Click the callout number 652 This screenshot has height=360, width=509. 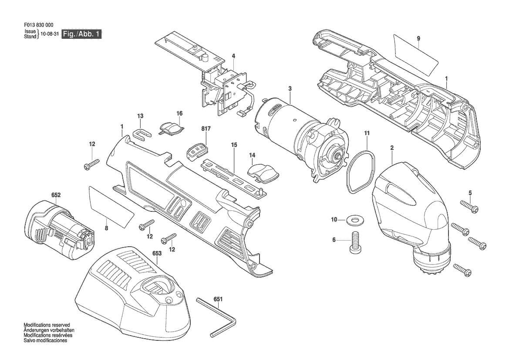[56, 195]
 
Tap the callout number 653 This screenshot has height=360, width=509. [157, 253]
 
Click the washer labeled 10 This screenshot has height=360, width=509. [354, 220]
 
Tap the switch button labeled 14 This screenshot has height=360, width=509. [263, 172]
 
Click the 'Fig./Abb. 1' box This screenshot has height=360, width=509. [82, 34]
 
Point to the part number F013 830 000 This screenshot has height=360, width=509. [39, 25]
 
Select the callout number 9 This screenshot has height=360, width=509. [418, 38]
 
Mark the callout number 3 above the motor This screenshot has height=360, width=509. [290, 88]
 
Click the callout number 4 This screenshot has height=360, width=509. [233, 56]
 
